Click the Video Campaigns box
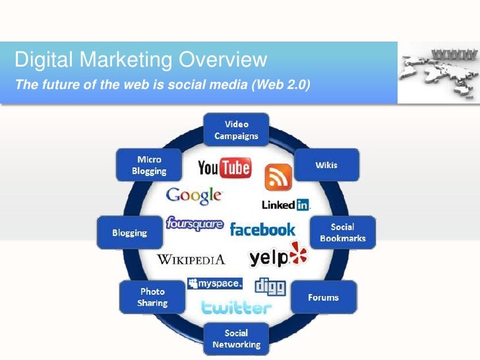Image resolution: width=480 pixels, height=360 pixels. (236, 130)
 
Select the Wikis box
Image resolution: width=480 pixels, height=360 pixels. (326, 165)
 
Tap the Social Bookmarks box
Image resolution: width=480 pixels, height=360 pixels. (343, 232)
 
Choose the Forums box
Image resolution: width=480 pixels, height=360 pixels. (323, 297)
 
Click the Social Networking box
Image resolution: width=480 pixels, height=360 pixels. (236, 338)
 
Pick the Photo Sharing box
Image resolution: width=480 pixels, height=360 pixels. (152, 297)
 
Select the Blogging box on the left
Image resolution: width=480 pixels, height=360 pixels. (130, 233)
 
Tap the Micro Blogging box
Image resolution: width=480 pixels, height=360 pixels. (149, 165)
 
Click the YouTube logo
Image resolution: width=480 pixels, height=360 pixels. (224, 168)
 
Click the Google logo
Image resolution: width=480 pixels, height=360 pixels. (195, 196)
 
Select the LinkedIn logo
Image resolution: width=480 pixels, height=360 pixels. (286, 205)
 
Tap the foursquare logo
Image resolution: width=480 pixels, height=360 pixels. (195, 224)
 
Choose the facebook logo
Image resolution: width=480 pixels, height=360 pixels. (262, 229)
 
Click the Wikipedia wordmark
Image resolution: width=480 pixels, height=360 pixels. (191, 259)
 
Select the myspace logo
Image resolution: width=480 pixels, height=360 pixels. (214, 284)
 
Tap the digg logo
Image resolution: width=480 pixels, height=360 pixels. (270, 285)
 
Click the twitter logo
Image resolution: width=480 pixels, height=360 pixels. (236, 307)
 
